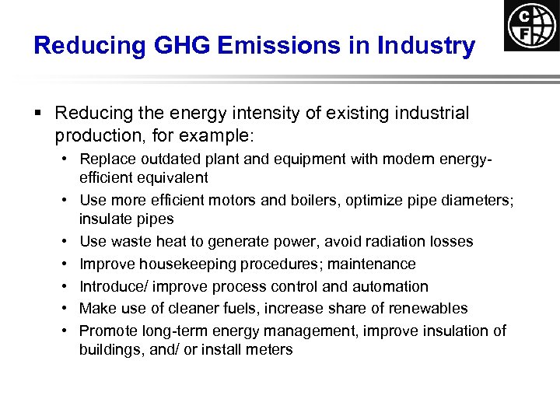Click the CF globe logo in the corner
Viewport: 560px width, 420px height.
click(531, 26)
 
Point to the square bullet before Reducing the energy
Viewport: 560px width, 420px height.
click(40, 114)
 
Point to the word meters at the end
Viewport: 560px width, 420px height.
click(270, 349)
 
